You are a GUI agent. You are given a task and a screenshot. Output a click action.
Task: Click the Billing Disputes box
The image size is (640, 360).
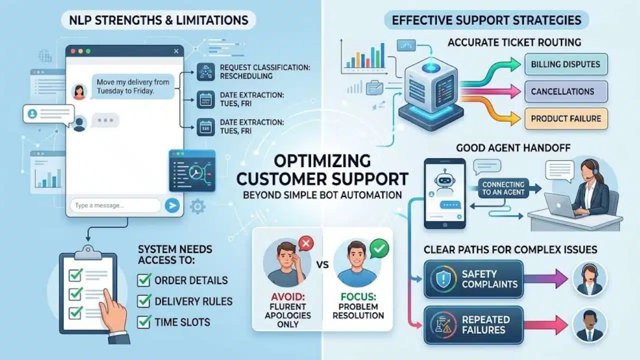566,64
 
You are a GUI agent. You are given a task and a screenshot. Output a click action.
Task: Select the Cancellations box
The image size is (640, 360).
566,91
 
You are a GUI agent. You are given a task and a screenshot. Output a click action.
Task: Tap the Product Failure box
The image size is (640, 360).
566,118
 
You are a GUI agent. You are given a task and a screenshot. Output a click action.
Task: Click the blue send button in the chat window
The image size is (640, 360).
172,205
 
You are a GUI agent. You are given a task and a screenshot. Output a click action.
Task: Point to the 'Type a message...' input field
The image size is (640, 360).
115,205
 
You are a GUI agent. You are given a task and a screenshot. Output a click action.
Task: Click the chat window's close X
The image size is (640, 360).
176,51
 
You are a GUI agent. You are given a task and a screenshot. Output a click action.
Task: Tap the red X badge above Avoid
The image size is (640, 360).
306,243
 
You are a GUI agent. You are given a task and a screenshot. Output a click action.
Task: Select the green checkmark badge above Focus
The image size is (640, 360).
379,248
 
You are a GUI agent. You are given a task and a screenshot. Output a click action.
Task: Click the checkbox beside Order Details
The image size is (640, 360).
144,280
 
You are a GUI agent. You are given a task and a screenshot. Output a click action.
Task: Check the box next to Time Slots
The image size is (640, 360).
144,321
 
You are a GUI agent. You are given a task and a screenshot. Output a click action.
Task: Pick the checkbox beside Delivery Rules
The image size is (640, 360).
144,301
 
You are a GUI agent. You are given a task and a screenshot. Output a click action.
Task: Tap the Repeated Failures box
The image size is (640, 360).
473,325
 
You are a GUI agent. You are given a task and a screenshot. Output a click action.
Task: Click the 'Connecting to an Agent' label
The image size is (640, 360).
503,188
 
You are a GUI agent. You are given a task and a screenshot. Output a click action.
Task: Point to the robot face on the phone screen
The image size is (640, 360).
444,179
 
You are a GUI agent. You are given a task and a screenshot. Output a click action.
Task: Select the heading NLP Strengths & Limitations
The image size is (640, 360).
158,20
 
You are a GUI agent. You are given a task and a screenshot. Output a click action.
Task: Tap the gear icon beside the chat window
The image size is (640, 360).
197,206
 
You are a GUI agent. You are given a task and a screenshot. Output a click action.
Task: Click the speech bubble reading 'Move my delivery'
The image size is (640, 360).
133,86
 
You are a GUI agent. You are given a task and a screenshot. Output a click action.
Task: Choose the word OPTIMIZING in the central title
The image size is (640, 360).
322,161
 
